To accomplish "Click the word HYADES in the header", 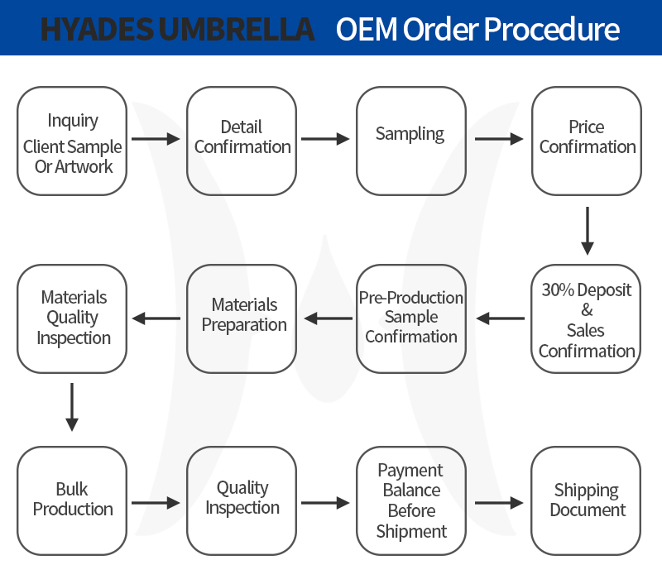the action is tap(97, 29).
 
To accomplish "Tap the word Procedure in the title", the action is tap(552, 29).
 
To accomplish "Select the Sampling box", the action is tap(410, 141).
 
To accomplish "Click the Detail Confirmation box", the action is tap(242, 141).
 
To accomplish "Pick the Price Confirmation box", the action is tap(587, 141).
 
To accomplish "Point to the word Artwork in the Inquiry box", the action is tap(84, 166).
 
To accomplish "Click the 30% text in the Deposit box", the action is tap(558, 290).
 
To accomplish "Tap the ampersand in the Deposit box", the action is tap(587, 310).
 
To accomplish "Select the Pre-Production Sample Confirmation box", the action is tap(410, 318).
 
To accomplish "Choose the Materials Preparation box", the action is tap(242, 318).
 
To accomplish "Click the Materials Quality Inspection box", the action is tap(72, 318).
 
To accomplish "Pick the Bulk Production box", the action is tap(72, 501).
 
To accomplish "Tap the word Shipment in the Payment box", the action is tap(411, 532).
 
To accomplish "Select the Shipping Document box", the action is tap(586, 501).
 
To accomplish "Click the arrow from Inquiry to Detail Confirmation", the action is tap(156, 139).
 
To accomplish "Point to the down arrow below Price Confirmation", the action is tap(588, 231).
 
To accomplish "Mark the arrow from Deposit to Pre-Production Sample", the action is tap(501, 318).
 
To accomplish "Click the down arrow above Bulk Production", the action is tap(72, 407).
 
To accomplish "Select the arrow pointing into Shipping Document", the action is tap(499, 503).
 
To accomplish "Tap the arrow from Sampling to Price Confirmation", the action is tap(499, 139).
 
